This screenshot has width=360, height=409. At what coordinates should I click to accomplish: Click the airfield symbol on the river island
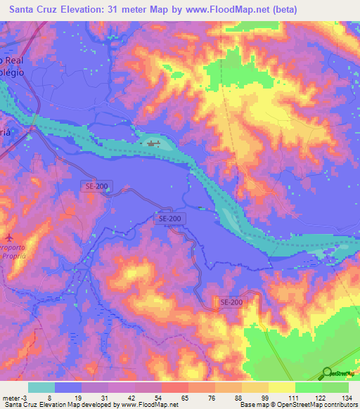pos(153,144)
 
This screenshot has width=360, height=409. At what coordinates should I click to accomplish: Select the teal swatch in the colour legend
pos(41,387)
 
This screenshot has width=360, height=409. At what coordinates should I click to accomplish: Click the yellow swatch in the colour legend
pos(281,387)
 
